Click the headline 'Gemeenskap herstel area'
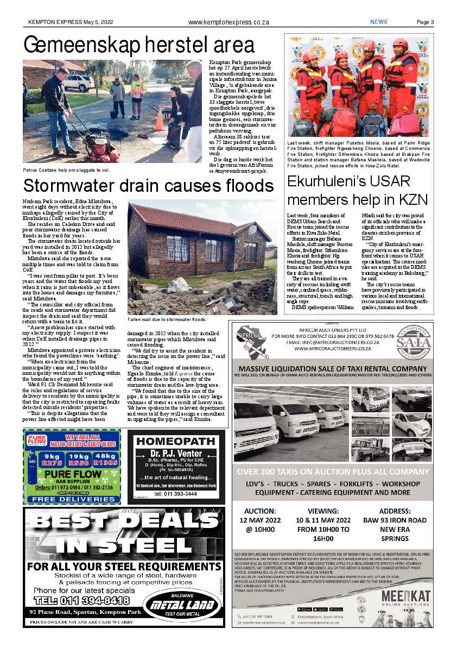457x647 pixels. click(138, 45)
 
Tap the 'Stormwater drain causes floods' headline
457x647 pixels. click(148, 186)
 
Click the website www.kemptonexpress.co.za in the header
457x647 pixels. click(228, 22)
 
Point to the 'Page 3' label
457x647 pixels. click(425, 22)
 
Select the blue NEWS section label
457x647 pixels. click(379, 22)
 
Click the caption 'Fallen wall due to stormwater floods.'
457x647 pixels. click(167, 319)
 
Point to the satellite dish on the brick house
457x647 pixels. click(252, 230)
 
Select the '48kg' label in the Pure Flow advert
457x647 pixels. click(105, 456)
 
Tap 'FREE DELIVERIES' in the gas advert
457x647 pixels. click(72, 499)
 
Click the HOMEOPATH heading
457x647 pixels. click(176, 441)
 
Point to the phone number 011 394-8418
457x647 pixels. click(81, 600)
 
